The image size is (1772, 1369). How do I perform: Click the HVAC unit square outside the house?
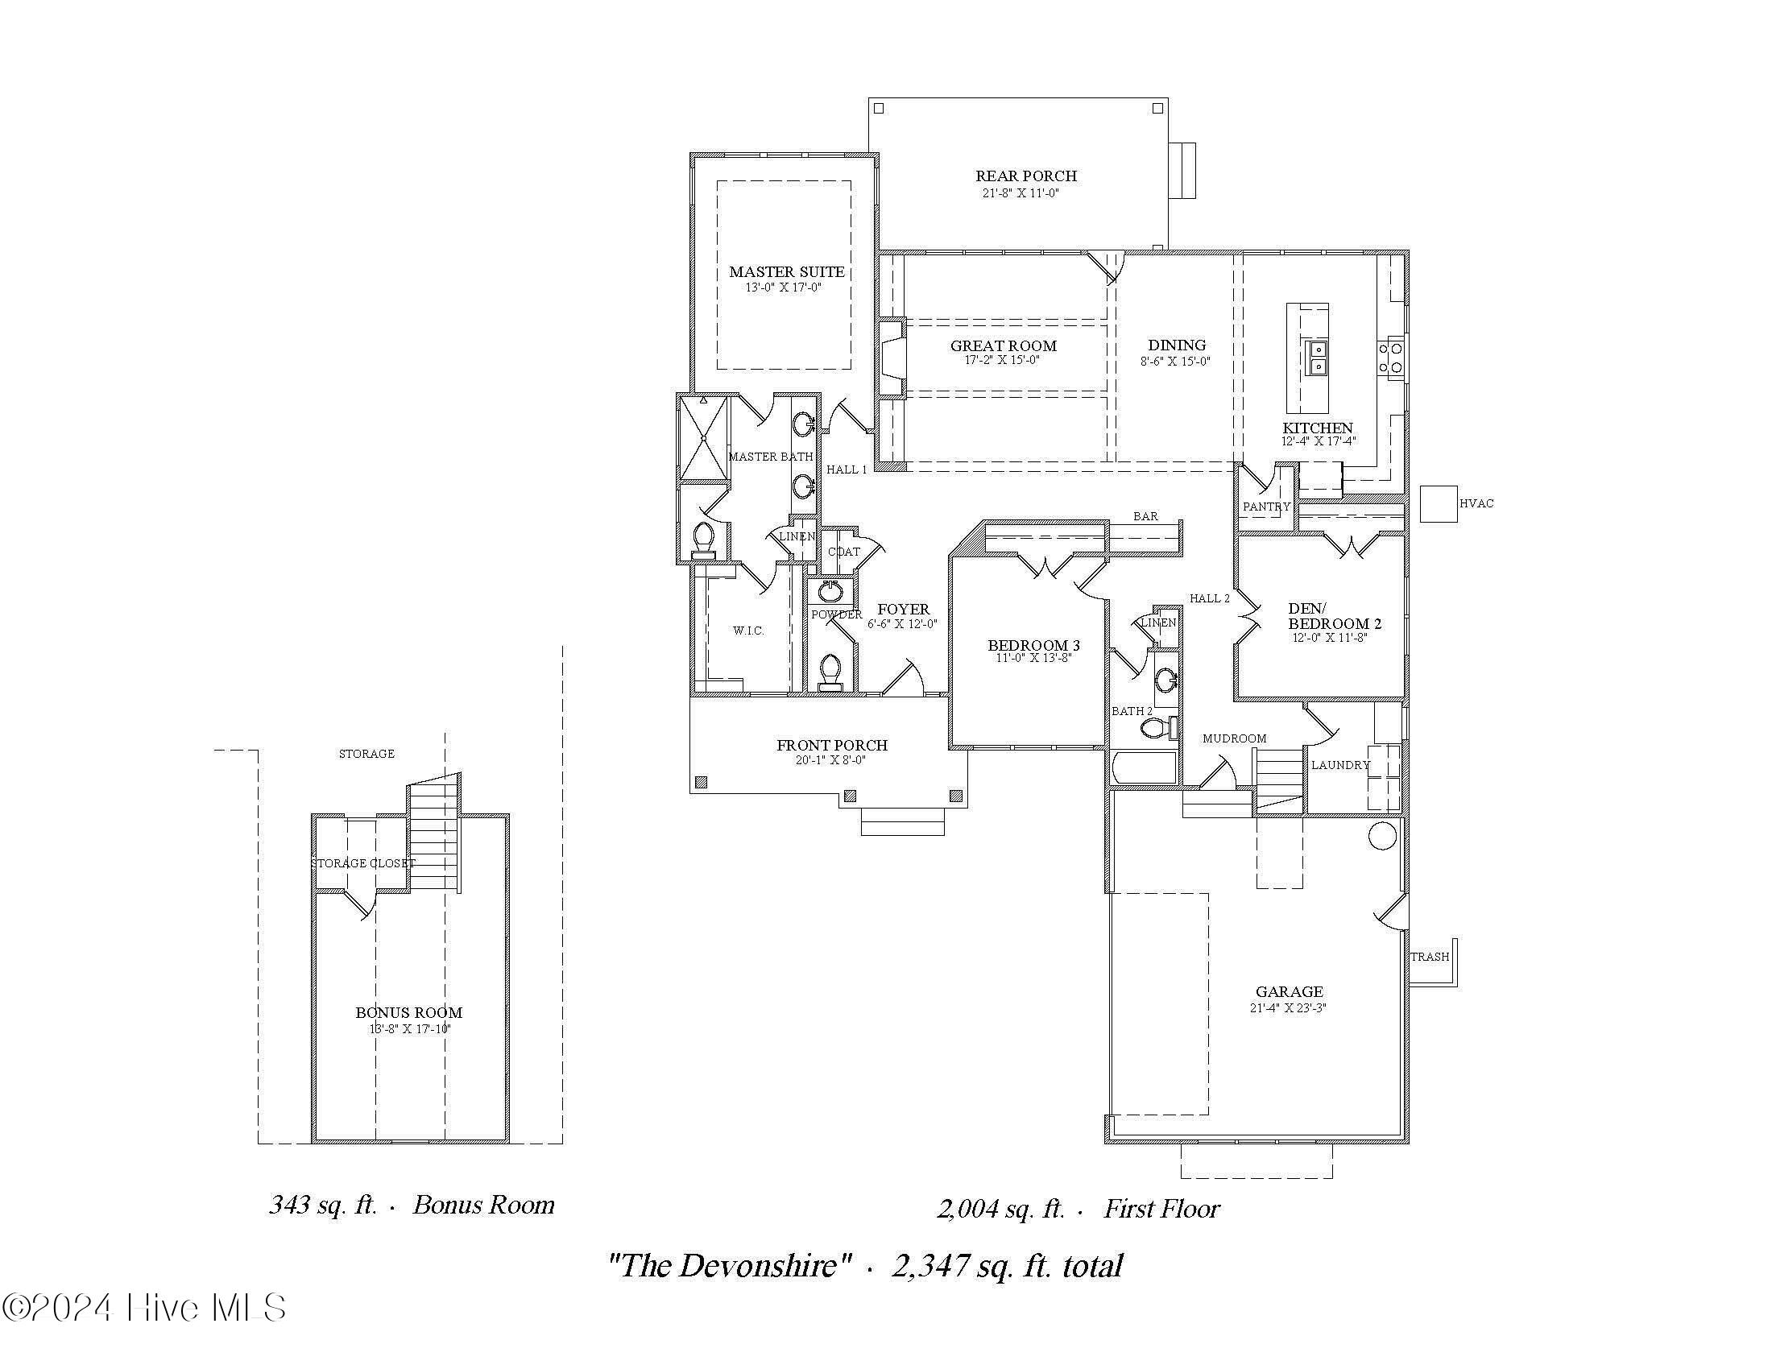[1439, 503]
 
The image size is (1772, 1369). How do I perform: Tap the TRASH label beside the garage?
[1430, 957]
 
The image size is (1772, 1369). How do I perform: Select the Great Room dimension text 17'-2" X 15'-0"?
[1002, 360]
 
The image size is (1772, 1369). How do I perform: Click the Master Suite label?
[786, 272]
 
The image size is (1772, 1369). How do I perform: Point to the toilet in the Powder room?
[830, 672]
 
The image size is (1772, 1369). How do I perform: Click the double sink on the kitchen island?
[1316, 358]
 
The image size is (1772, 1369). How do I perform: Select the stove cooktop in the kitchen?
[1391, 358]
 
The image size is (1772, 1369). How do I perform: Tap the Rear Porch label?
[1025, 176]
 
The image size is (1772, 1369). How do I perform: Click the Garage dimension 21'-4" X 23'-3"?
[1289, 1008]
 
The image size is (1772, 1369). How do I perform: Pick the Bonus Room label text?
[409, 1012]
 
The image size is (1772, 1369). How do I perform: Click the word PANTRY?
[1265, 506]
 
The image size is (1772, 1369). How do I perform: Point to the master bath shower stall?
[703, 438]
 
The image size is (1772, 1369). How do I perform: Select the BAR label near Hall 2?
[1145, 516]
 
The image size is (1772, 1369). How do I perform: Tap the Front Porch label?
[832, 745]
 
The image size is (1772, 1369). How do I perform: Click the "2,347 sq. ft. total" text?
[1007, 1266]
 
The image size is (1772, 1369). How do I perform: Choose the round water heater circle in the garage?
[1382, 835]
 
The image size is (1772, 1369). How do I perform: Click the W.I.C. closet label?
[748, 631]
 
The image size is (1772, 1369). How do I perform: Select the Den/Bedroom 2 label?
[1334, 615]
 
